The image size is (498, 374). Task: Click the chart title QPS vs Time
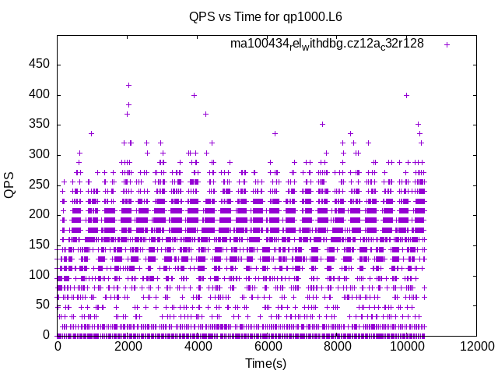coord(265,16)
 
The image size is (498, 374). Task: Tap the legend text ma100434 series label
coord(327,44)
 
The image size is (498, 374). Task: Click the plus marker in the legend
coord(447,44)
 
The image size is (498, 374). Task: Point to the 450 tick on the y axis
coord(39,65)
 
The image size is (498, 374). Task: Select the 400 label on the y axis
coord(39,95)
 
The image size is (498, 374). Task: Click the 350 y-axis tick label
coord(39,125)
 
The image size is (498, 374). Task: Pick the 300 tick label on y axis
coord(39,155)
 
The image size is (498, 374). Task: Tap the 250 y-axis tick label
coord(39,185)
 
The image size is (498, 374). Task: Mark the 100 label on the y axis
coord(39,275)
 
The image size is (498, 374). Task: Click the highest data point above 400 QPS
coord(128,86)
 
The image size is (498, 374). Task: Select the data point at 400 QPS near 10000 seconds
coord(406,95)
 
